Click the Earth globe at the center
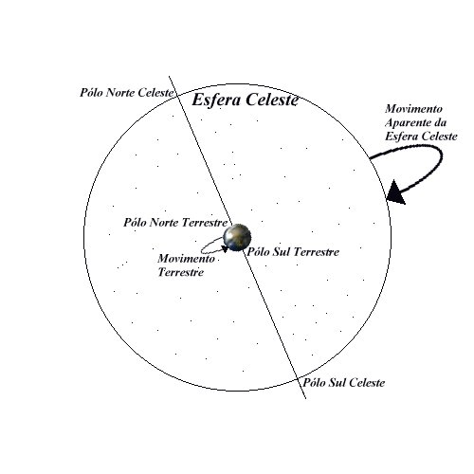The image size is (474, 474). (237, 237)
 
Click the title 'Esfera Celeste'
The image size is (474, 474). (245, 100)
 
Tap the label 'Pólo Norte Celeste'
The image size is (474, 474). (126, 93)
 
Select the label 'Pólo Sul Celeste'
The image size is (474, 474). (344, 383)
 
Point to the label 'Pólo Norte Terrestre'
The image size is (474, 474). (175, 223)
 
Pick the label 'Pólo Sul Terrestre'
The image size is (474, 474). (293, 252)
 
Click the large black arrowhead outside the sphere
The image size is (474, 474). (395, 192)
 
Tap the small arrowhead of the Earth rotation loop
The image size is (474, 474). (225, 249)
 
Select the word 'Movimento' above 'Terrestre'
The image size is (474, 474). (186, 259)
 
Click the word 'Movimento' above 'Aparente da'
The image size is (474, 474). (413, 109)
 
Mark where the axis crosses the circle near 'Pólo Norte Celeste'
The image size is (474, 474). (177, 95)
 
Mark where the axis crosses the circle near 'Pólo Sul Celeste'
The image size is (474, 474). (297, 378)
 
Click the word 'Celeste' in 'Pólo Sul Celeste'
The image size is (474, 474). (367, 383)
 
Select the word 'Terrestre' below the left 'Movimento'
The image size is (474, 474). (181, 272)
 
